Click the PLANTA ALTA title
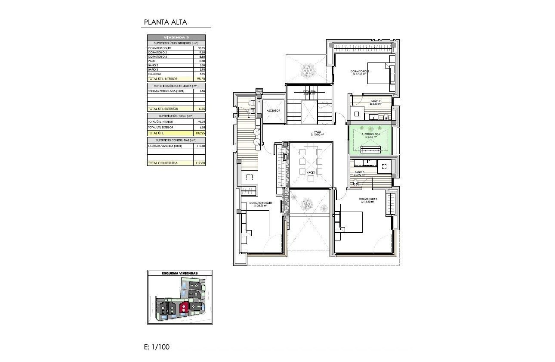pos(165,22)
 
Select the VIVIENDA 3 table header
pos(176,37)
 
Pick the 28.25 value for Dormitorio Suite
pos(200,48)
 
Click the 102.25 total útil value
pos(200,133)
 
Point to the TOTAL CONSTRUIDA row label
pos(163,163)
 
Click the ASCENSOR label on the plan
pos(273,111)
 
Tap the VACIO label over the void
pos(311,172)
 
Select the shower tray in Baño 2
pos(357,114)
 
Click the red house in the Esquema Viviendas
pos(184,307)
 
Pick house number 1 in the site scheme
pos(164,308)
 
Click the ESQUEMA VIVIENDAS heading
pos(179,273)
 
